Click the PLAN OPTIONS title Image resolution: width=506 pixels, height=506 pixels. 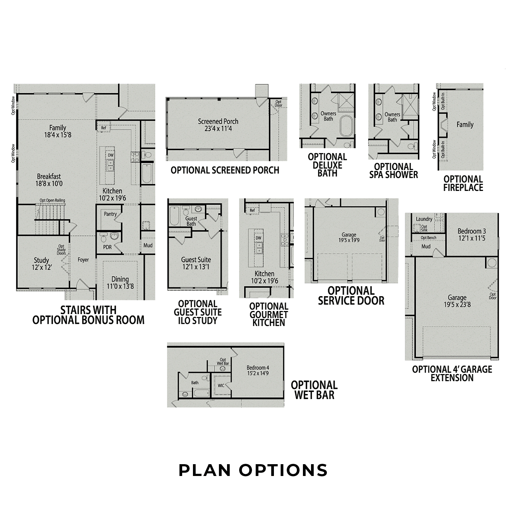[253, 470]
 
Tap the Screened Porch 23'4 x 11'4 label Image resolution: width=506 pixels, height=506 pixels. [218, 125]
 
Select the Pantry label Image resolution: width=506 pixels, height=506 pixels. [110, 214]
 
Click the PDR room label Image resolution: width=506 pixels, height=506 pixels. [107, 247]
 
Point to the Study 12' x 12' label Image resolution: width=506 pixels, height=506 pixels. [41, 264]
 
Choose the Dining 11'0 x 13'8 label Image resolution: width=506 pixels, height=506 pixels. [120, 283]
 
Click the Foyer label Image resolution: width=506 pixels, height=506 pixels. [83, 260]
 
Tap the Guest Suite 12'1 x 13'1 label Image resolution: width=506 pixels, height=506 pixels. [196, 263]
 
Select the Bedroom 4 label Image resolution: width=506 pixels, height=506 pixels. [258, 370]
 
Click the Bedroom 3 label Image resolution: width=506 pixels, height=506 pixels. [472, 234]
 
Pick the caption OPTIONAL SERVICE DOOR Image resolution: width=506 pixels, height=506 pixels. [351, 296]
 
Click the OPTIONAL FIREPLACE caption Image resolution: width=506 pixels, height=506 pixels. [463, 183]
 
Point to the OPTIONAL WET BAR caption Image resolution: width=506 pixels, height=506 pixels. [314, 390]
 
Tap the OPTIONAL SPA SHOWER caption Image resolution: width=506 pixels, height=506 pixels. [394, 170]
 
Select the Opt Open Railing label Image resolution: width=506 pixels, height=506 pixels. [52, 200]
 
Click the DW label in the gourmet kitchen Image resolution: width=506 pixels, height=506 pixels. [258, 238]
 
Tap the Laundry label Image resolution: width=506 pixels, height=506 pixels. [424, 219]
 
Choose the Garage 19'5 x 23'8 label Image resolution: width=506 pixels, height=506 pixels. [457, 301]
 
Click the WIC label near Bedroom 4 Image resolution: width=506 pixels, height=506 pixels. [221, 386]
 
